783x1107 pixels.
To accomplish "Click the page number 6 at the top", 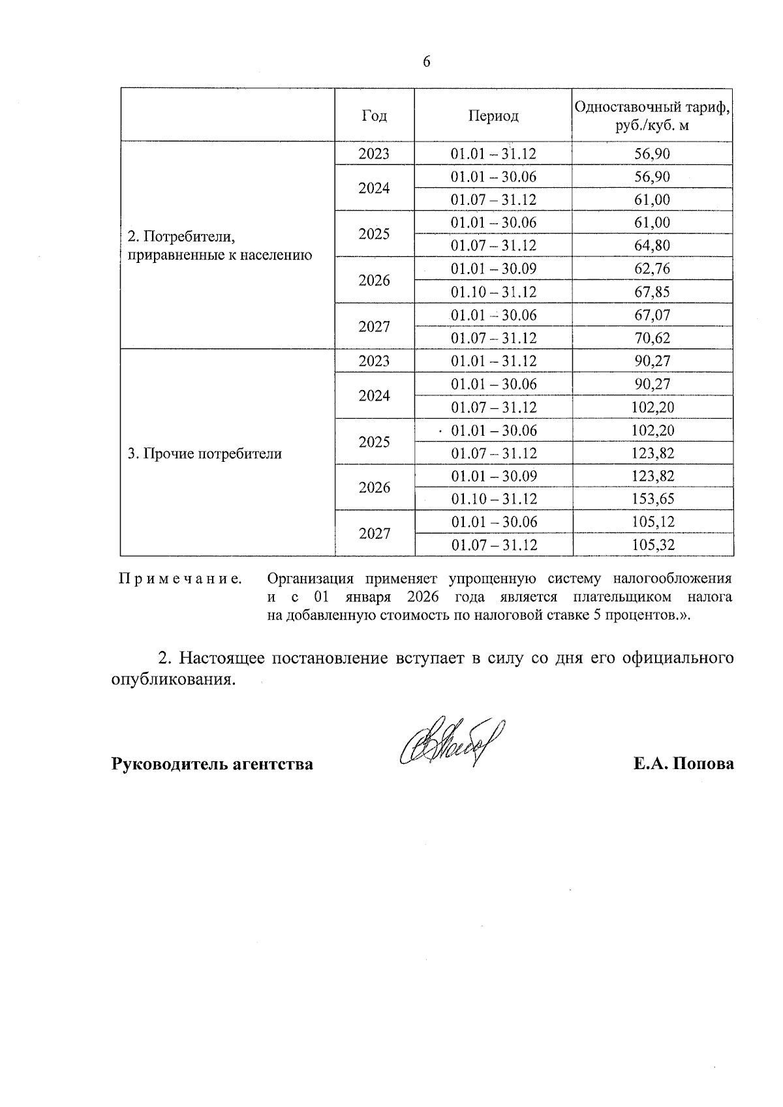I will pyautogui.click(x=427, y=62).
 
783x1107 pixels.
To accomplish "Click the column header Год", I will pyautogui.click(x=374, y=116).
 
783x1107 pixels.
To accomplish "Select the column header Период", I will pyautogui.click(x=493, y=116).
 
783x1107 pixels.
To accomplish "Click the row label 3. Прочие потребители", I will pyautogui.click(x=204, y=454).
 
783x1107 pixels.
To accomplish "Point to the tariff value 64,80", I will pyautogui.click(x=652, y=246).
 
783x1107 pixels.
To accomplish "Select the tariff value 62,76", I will pyautogui.click(x=652, y=269).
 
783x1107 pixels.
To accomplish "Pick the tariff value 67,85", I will pyautogui.click(x=652, y=292).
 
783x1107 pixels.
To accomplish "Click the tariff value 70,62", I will pyautogui.click(x=652, y=339).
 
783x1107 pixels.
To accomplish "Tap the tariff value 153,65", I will pyautogui.click(x=652, y=500).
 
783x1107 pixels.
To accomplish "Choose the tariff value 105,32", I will pyautogui.click(x=652, y=545).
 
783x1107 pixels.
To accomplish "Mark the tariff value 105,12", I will pyautogui.click(x=652, y=523).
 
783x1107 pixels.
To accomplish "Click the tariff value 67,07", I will pyautogui.click(x=652, y=316).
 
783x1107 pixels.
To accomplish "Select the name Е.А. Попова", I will pyautogui.click(x=683, y=764).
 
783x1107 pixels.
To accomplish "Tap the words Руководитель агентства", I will pyautogui.click(x=212, y=764).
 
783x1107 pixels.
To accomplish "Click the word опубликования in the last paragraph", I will pyautogui.click(x=172, y=680).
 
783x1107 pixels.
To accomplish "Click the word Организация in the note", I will pyautogui.click(x=311, y=579).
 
